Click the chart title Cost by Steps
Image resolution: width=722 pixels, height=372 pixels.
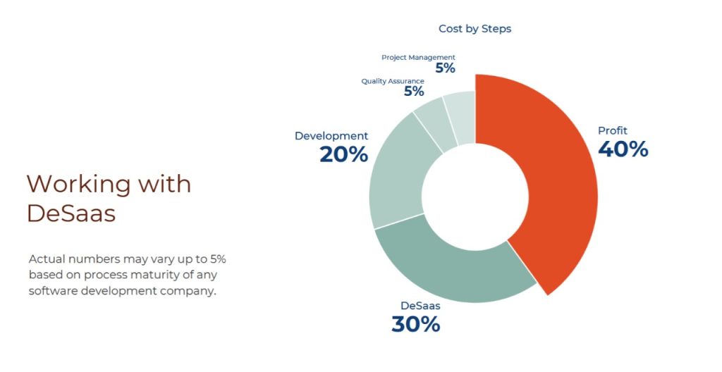(x=475, y=29)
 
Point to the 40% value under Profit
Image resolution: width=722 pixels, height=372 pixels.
(x=623, y=149)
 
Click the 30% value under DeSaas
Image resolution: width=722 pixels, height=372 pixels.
(x=416, y=323)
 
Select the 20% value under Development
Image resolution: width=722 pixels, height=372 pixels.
(x=344, y=154)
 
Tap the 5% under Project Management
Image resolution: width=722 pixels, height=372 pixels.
(x=446, y=68)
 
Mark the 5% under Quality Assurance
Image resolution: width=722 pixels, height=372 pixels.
(x=414, y=91)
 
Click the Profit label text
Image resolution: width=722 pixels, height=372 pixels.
(x=613, y=131)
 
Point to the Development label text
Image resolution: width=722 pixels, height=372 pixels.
(x=331, y=136)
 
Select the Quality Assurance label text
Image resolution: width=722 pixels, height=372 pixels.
(x=393, y=81)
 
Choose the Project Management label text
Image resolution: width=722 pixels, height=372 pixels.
(x=418, y=58)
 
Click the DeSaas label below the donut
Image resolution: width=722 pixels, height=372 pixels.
(x=420, y=306)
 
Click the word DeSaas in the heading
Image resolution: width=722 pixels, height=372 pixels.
(x=71, y=213)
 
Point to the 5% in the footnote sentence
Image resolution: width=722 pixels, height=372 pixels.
(x=219, y=259)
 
